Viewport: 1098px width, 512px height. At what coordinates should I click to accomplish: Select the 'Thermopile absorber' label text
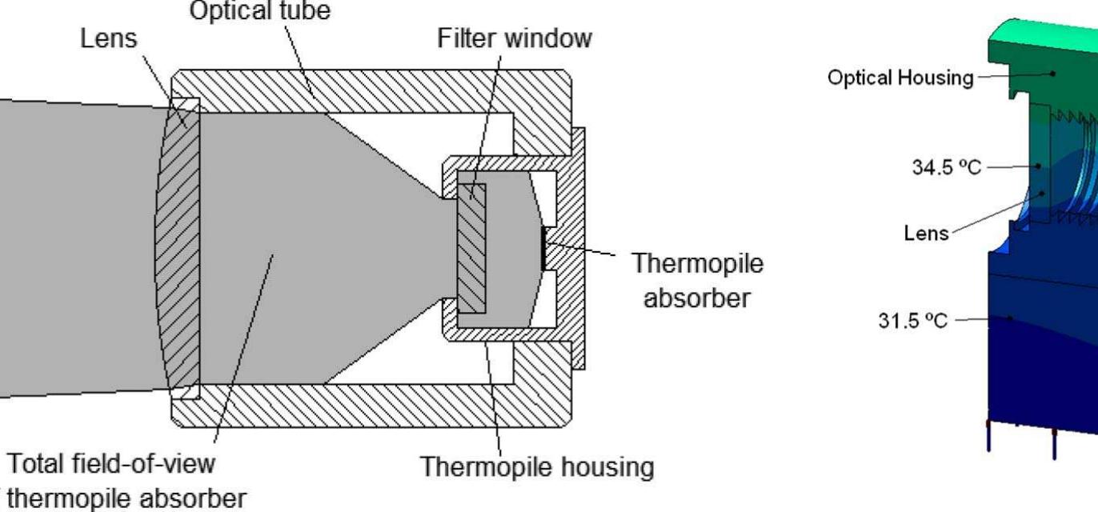[x=696, y=281]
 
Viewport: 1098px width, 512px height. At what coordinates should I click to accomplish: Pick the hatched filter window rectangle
[x=471, y=249]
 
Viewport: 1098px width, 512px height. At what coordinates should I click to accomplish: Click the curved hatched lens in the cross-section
[x=182, y=248]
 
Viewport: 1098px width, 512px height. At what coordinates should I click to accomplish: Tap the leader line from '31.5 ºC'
[x=984, y=318]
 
